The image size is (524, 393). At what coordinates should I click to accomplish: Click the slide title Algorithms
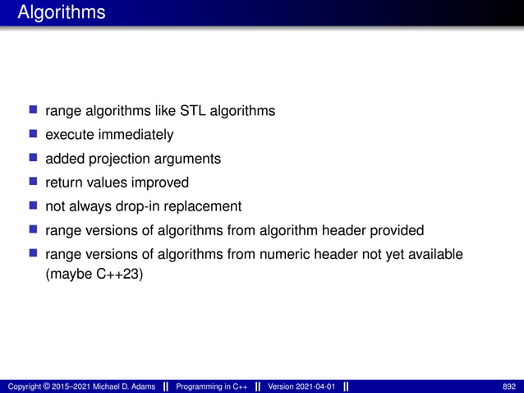tap(62, 13)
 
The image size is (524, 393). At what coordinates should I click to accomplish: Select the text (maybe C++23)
tap(94, 274)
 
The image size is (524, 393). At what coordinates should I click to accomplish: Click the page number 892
tap(509, 386)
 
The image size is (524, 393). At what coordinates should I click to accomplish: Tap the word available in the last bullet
tap(435, 254)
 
